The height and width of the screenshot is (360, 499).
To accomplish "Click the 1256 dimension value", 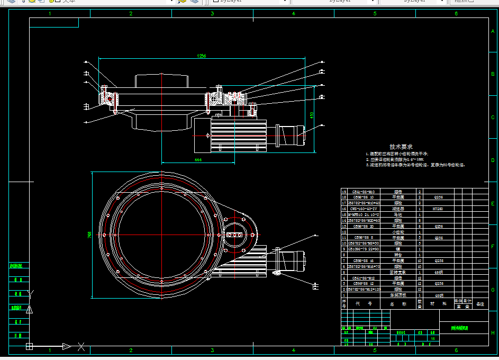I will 201,56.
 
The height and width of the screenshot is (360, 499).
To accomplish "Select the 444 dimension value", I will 198,159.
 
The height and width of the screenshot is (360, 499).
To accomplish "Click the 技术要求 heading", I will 401,147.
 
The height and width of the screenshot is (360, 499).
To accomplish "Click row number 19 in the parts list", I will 344,191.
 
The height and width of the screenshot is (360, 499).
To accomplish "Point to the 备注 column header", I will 480,304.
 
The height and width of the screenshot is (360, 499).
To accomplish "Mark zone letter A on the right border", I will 493,32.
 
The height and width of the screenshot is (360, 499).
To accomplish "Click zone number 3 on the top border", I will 212,14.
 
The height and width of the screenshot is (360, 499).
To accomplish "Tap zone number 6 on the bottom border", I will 456,350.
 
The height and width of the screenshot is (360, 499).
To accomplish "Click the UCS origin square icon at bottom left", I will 30,347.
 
